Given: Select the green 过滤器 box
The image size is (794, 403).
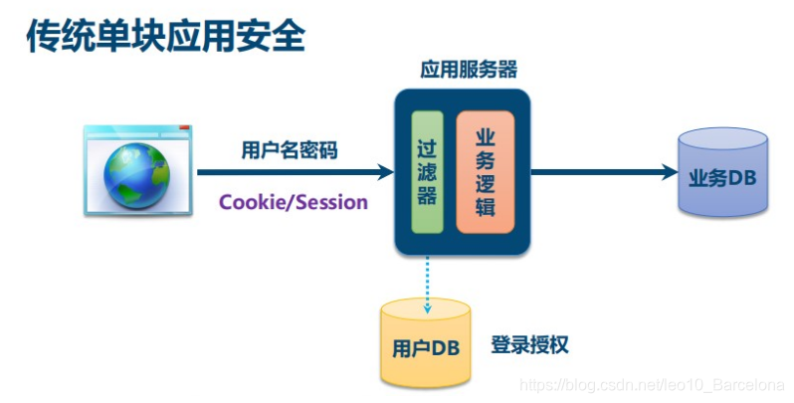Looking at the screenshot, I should point(427,170).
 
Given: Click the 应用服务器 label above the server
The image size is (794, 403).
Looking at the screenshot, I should point(468,71).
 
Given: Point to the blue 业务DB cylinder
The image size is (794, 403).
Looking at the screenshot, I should point(723,176).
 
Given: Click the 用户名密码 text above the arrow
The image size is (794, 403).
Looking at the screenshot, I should point(290,150).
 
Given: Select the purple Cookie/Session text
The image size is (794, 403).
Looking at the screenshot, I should point(294,202).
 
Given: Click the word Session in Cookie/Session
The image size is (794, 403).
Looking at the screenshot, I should point(331,202).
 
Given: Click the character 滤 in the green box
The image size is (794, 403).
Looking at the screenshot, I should point(427,170).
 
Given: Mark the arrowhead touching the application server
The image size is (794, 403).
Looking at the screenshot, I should point(386,172).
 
